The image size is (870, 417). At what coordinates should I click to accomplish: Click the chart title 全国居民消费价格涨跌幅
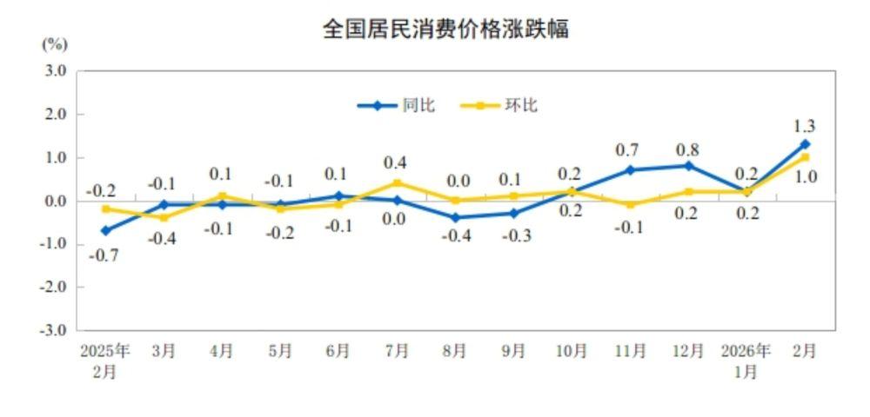tap(445, 30)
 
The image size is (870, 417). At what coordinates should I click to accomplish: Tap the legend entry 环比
tap(521, 105)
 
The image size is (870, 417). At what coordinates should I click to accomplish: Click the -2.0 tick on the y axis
tap(54, 287)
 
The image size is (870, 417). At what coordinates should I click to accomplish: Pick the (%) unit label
tap(54, 44)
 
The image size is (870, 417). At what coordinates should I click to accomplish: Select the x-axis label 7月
tap(397, 351)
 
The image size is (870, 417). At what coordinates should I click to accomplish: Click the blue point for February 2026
tap(805, 144)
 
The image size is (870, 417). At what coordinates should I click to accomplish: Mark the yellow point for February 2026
tap(805, 157)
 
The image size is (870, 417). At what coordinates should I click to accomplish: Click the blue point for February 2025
tap(105, 231)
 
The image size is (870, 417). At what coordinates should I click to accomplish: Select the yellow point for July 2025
tap(397, 183)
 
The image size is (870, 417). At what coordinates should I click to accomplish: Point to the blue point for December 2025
tap(688, 166)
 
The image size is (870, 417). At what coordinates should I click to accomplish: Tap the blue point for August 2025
tap(455, 218)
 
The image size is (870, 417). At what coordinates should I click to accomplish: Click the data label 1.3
tap(805, 126)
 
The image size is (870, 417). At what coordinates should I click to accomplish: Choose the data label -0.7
tap(105, 255)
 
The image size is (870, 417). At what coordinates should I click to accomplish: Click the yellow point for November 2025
tap(630, 205)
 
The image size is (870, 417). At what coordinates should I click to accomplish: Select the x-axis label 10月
tap(572, 351)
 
